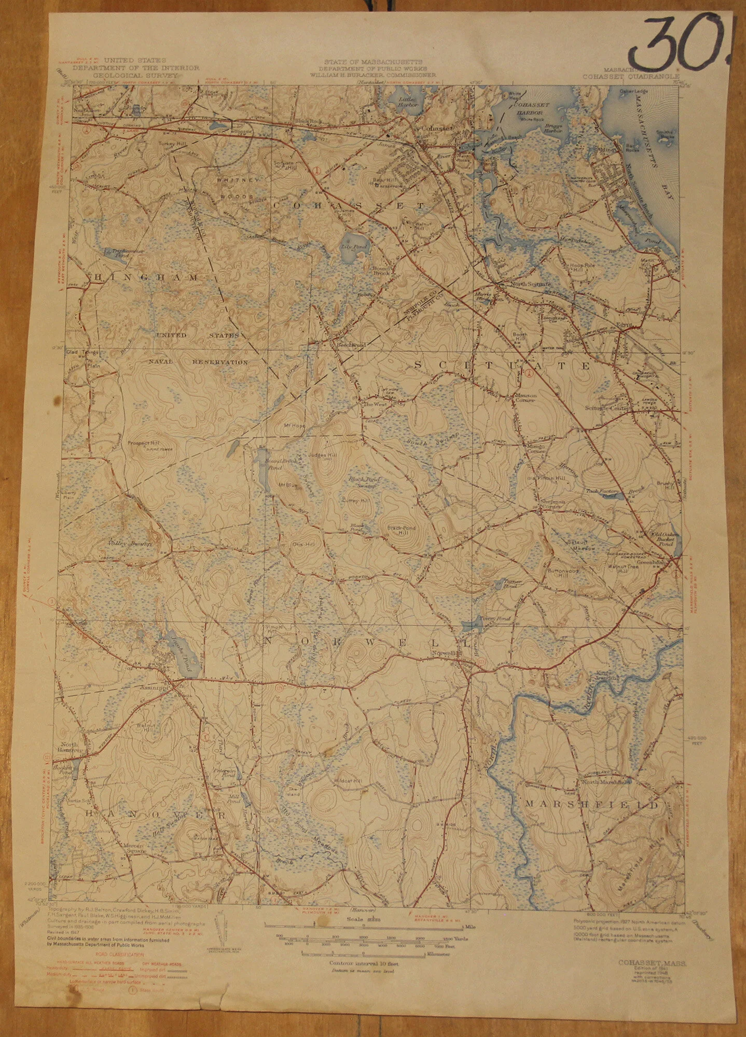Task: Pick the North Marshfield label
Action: tap(605, 781)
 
